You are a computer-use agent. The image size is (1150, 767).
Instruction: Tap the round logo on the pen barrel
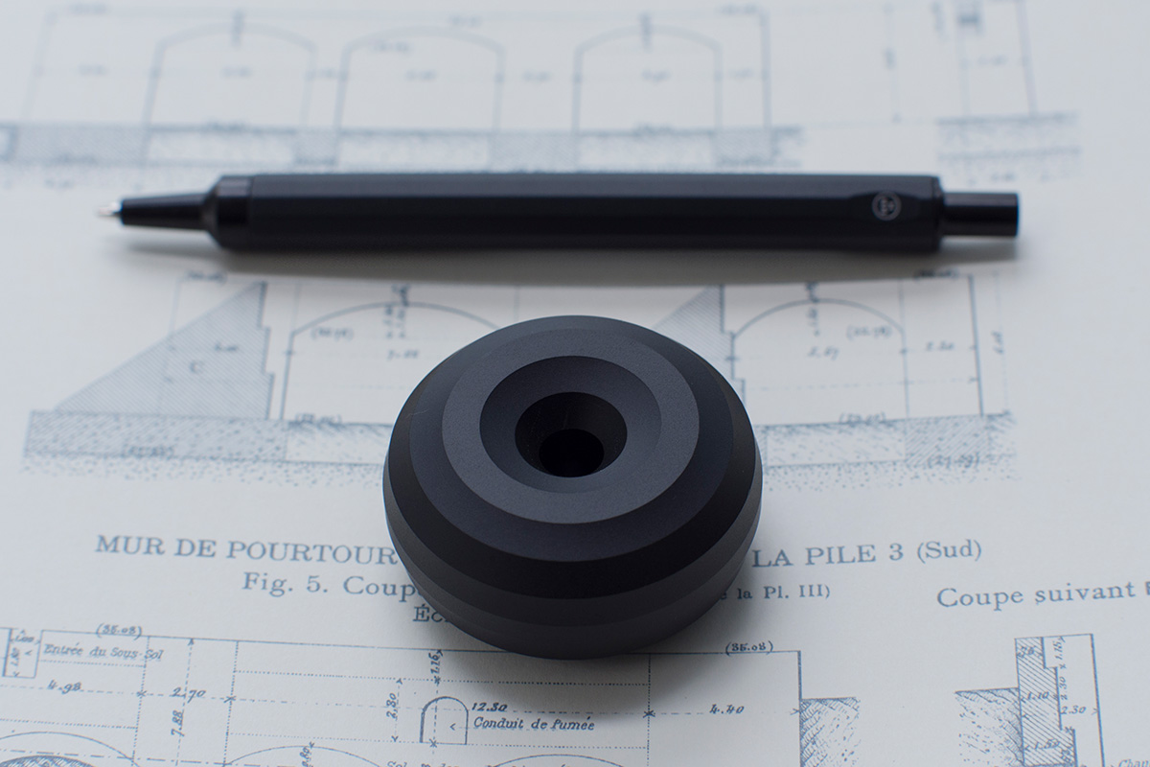point(882,203)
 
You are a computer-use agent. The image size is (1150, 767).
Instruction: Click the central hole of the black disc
point(571,446)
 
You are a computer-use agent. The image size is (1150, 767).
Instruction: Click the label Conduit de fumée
point(532,724)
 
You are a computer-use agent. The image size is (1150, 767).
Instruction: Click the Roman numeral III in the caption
point(816,591)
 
